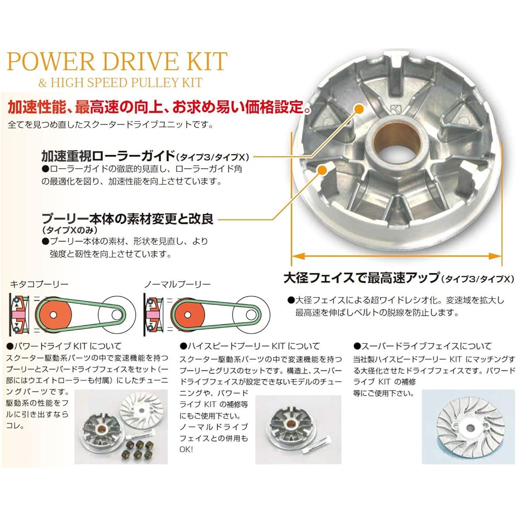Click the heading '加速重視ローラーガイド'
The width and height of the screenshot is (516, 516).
tap(108, 156)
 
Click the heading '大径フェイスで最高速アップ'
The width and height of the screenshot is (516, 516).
tap(361, 278)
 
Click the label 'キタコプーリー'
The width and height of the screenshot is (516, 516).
tap(39, 284)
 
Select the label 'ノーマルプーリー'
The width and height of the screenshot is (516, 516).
tap(176, 284)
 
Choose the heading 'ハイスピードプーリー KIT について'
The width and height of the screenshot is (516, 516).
tap(250, 346)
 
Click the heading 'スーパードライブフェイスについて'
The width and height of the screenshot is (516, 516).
tap(423, 346)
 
